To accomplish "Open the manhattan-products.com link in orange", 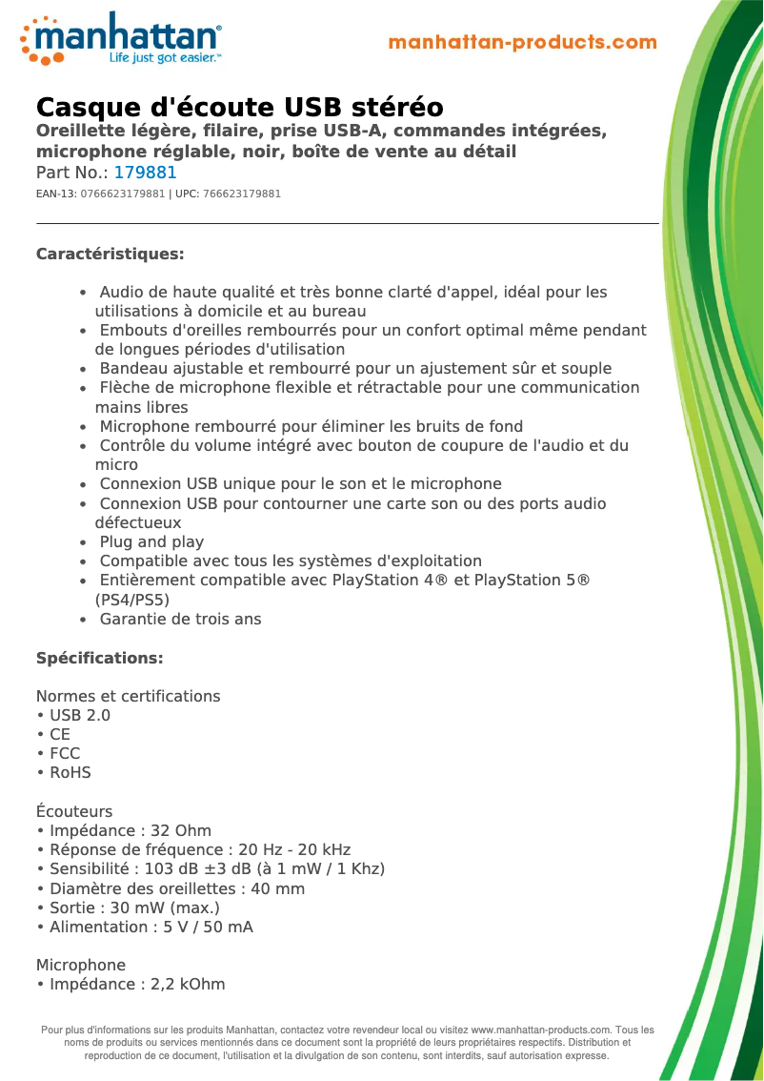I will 522,43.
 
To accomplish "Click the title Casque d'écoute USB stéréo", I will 239,107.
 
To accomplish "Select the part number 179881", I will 146,173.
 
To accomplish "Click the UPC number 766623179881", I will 242,194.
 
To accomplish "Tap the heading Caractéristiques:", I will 110,255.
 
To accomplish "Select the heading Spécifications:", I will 99,659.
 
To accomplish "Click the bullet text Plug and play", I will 151,542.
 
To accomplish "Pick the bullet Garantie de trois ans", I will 180,620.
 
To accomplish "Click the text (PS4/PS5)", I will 132,601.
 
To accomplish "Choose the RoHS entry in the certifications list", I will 70,773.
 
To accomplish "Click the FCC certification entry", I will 65,754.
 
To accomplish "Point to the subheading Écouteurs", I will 74,812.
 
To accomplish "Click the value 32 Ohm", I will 181,831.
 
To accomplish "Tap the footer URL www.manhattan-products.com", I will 541,1030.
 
